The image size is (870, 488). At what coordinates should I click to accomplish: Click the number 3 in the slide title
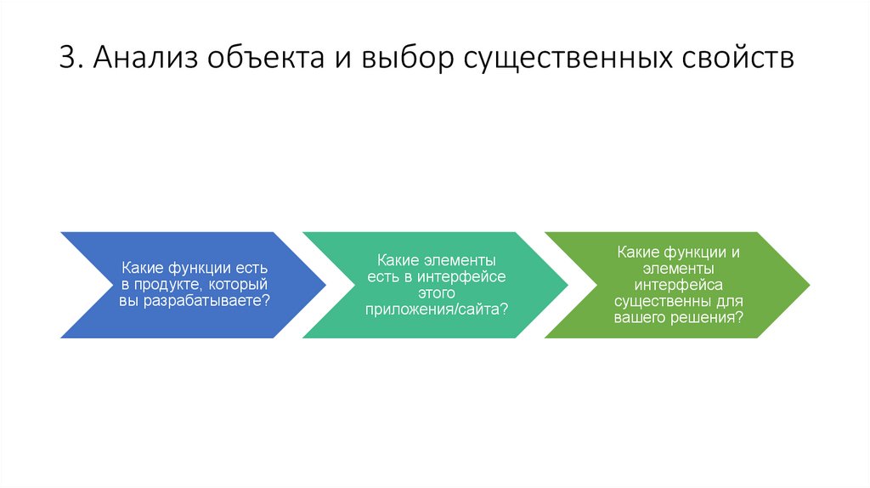pyautogui.click(x=69, y=59)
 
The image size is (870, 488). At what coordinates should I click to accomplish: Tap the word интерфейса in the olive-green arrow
pyautogui.click(x=677, y=285)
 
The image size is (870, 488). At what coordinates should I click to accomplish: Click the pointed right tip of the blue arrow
pyautogui.click(x=325, y=285)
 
